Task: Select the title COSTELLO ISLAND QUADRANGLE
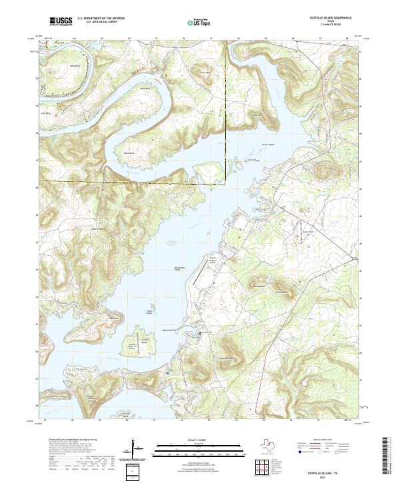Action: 329,18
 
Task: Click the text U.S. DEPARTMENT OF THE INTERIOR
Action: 101,19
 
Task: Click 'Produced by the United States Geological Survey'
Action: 71,440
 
